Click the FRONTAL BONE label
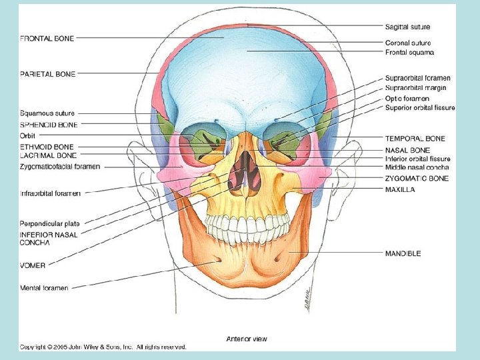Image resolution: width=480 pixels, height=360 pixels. (x=47, y=39)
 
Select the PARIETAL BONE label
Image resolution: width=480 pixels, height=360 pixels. (x=47, y=73)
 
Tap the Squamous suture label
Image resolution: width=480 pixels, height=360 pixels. (x=47, y=113)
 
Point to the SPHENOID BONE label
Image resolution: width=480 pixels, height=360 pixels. (x=49, y=125)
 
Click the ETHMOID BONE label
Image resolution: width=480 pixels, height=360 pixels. (x=47, y=147)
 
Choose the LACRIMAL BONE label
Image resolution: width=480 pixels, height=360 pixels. (x=47, y=155)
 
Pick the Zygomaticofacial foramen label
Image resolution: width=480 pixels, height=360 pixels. (x=60, y=167)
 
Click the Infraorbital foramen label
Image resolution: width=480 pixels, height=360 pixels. (x=51, y=193)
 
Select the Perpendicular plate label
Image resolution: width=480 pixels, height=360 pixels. (x=50, y=223)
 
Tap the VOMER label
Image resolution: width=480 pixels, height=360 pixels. (x=33, y=265)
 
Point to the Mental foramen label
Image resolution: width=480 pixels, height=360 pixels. (x=44, y=288)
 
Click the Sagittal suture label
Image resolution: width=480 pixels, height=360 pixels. (x=408, y=27)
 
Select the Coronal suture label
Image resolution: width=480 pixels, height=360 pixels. (x=407, y=43)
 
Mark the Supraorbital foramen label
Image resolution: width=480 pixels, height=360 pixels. (x=418, y=79)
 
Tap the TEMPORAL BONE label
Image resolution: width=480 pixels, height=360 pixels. (x=415, y=139)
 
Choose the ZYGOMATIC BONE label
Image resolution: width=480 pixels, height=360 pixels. (x=417, y=179)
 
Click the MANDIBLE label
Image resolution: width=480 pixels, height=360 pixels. (x=403, y=253)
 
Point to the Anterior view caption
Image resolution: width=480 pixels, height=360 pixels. (x=247, y=339)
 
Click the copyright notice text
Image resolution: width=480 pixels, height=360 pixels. (x=103, y=347)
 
